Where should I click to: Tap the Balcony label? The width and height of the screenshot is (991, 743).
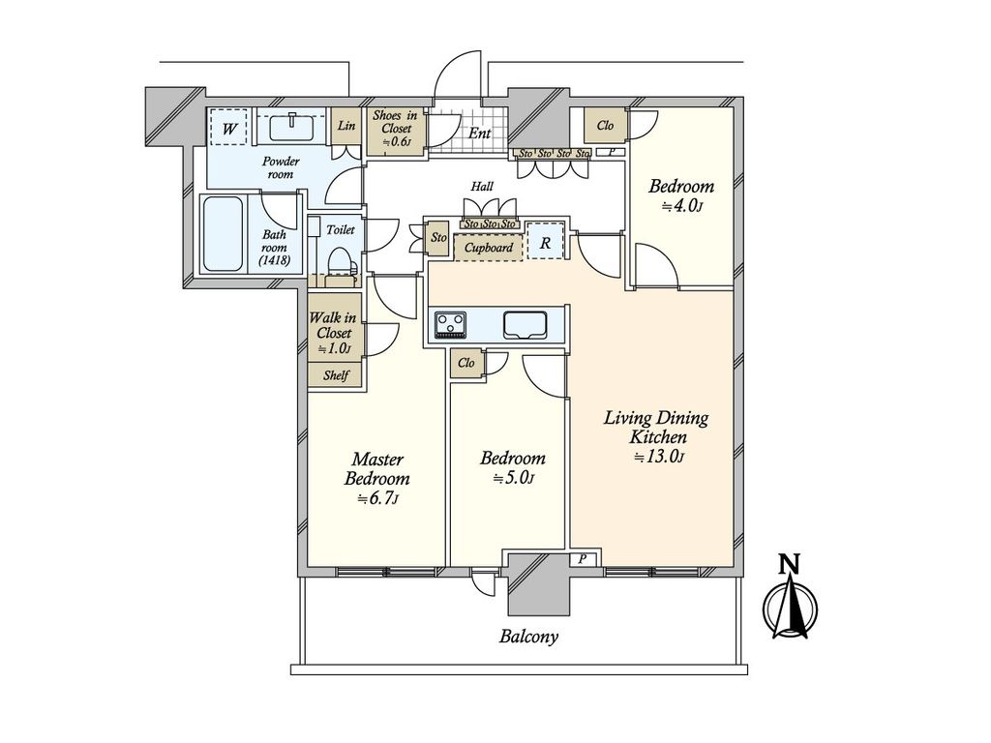point(528,637)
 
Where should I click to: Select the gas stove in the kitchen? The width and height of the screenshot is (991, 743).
point(450,325)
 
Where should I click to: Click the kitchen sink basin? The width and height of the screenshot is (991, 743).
point(525,325)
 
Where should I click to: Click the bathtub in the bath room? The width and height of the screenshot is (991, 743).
point(222,234)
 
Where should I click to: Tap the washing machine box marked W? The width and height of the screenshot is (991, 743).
point(229,129)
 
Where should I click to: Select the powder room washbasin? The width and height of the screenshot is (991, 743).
point(291,127)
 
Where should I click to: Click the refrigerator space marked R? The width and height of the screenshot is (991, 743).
point(545,241)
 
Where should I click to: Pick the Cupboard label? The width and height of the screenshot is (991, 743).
point(489,248)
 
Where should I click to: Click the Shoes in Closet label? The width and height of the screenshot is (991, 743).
point(394,129)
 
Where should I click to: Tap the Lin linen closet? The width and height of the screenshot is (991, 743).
point(346,127)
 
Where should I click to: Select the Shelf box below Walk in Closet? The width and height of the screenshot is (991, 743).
point(335,374)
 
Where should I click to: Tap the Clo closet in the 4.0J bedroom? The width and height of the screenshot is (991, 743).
point(606,125)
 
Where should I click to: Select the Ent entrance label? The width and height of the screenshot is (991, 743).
point(479,134)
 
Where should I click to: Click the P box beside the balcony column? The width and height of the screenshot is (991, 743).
point(582,559)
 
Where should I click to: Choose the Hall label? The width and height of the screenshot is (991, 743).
point(482,187)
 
